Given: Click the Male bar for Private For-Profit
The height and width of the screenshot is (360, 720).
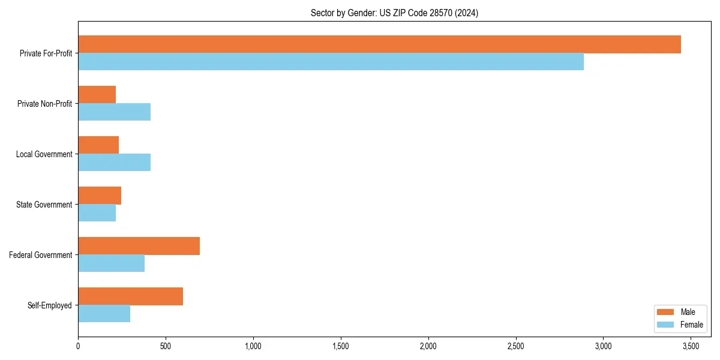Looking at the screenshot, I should point(379,44).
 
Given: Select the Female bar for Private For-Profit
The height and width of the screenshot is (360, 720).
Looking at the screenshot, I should point(331,62).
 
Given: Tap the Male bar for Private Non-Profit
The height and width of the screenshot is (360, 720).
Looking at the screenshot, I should point(97,95).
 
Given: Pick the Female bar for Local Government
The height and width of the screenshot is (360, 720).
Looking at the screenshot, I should point(114,163).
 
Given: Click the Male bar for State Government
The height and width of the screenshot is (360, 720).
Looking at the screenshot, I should point(100,196).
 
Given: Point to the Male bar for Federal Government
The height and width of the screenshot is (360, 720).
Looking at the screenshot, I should point(139,246).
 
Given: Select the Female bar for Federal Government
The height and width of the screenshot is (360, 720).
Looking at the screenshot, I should point(111,263).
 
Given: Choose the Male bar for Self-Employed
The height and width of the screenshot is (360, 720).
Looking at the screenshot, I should point(130,296).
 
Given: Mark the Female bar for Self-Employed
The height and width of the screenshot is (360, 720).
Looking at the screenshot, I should point(104,314).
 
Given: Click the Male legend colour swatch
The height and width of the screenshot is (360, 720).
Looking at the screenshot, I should point(666,312).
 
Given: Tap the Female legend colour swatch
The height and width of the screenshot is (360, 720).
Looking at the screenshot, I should point(666,325).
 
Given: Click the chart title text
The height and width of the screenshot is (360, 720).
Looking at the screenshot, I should point(394,13).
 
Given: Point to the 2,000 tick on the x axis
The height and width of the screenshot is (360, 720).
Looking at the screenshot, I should point(428,346).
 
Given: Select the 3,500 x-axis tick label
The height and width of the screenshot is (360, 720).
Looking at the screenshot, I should point(691,346).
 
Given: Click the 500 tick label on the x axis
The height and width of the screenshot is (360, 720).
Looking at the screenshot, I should point(166,346).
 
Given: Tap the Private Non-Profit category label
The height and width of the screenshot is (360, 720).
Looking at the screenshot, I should point(44,104).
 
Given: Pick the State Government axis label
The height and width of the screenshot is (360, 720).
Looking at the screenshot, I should point(44,205).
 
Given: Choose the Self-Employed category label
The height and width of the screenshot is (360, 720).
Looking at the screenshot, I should point(50,305).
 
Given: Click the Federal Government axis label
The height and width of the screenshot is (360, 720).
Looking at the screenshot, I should point(41,255).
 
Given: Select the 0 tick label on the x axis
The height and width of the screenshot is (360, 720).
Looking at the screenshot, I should point(78,346).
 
